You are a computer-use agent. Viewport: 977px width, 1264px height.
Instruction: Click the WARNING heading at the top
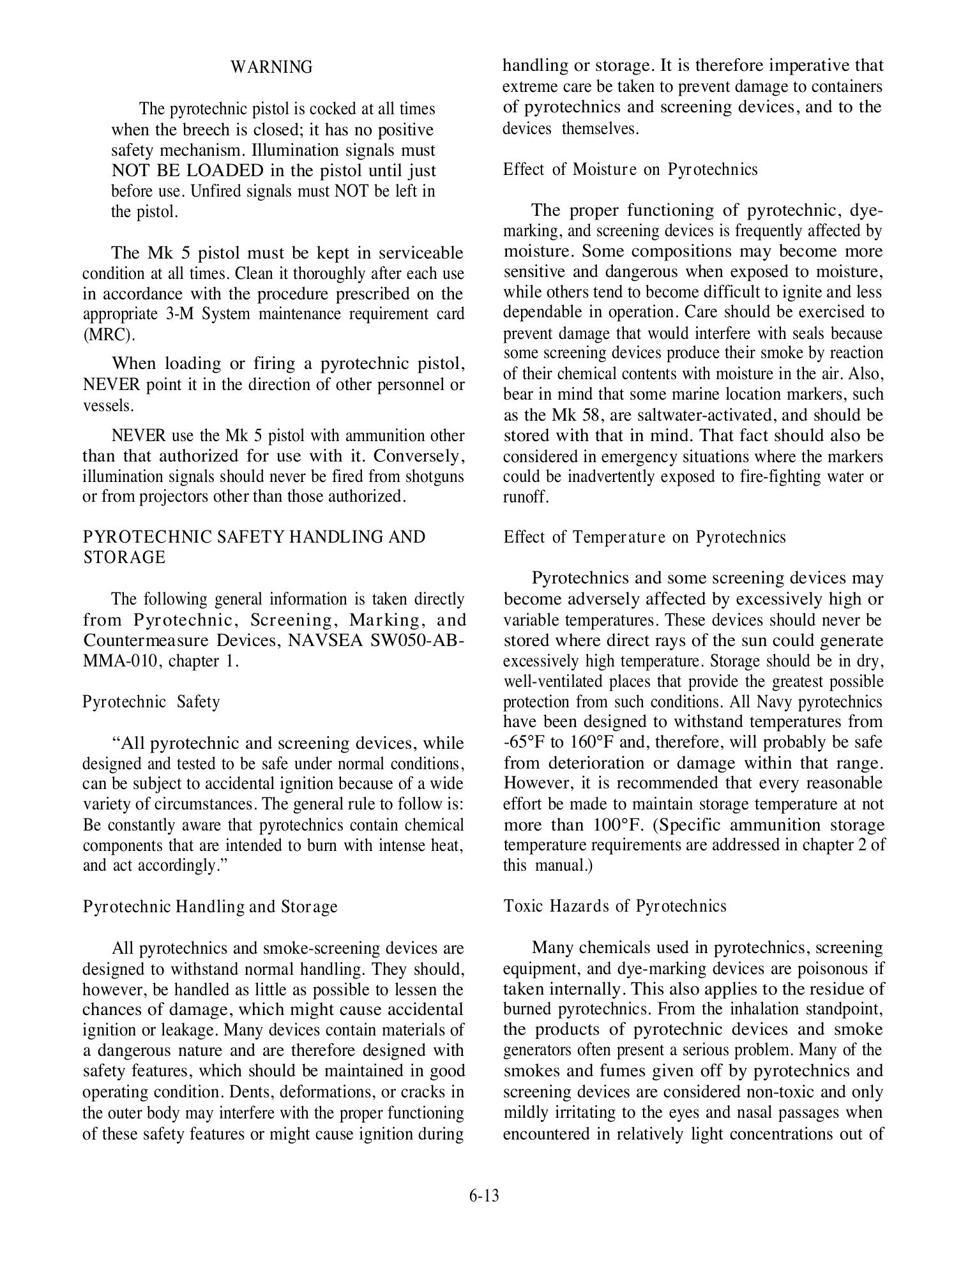(x=271, y=67)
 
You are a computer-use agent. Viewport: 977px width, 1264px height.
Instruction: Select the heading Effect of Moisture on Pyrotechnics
(x=630, y=170)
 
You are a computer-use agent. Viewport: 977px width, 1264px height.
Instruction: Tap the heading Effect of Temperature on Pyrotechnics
(x=644, y=537)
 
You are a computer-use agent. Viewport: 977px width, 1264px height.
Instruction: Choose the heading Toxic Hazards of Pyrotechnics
(x=615, y=907)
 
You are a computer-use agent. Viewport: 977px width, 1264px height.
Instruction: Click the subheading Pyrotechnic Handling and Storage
(x=210, y=907)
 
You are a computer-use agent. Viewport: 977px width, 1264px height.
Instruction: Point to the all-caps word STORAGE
(x=124, y=557)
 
